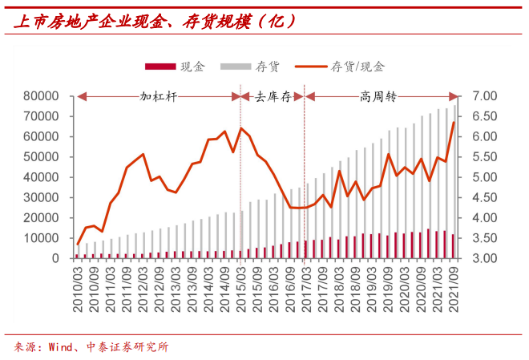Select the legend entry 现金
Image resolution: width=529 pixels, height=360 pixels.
point(192,67)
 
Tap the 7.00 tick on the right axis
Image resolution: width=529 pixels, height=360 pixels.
point(487,96)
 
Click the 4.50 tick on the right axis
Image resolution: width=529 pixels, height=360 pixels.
point(487,197)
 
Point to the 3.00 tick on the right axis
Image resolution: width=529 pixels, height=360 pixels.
point(487,258)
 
